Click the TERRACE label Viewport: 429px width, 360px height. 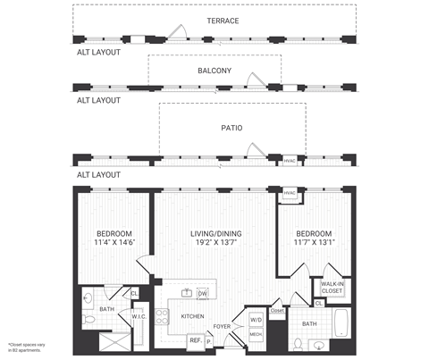(x=223, y=21)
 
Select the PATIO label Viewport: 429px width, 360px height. (x=231, y=128)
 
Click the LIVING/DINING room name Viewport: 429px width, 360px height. (x=216, y=234)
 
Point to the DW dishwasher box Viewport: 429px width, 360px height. (x=202, y=293)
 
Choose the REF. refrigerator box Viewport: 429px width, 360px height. (x=194, y=339)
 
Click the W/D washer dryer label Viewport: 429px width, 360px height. (x=256, y=319)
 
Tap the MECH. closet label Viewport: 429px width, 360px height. (x=256, y=335)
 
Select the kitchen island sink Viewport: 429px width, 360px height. (x=186, y=293)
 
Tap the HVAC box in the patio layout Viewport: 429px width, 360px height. (x=290, y=161)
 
